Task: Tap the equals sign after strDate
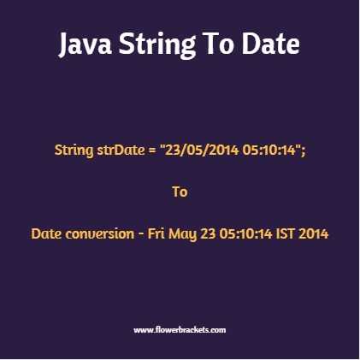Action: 153,150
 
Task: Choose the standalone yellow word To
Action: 180,192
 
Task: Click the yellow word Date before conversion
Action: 46,233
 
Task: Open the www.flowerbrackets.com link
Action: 180,329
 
